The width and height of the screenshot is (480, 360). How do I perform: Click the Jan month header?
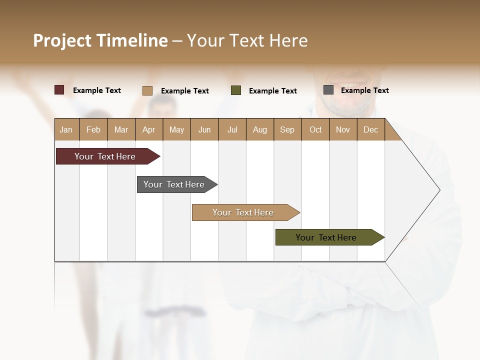(x=66, y=129)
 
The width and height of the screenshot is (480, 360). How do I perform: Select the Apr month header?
(x=148, y=129)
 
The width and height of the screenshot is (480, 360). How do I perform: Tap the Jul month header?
(x=232, y=129)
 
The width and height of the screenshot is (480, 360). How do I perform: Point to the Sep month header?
(x=287, y=129)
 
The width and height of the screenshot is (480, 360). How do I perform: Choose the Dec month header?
(x=370, y=129)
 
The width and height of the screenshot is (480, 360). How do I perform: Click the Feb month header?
(x=93, y=129)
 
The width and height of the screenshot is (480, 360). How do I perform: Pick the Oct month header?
(x=315, y=129)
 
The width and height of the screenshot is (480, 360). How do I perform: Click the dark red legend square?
(x=59, y=90)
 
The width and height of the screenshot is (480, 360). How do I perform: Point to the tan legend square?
(x=147, y=90)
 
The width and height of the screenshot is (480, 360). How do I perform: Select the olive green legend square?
(x=236, y=90)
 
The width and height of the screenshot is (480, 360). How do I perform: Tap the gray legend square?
(x=328, y=90)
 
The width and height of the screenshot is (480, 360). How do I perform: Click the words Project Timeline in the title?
(x=100, y=40)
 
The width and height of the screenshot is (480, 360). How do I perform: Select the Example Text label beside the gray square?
(x=364, y=90)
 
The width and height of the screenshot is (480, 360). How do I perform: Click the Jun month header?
(x=204, y=129)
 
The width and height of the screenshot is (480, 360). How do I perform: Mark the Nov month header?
(x=343, y=129)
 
